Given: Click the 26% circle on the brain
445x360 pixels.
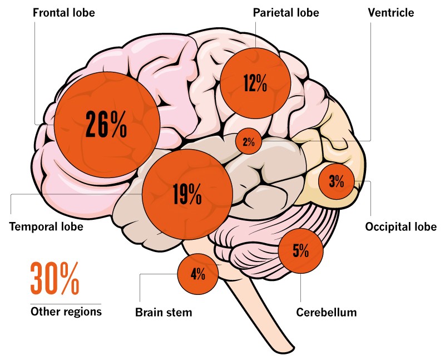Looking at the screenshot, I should coord(107,125).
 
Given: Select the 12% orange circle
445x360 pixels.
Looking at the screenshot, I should coord(255,83).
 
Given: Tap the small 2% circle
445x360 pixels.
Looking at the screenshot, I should coord(248,141).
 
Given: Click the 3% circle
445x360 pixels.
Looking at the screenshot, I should coord(337,181).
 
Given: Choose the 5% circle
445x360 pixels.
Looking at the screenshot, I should coord(300,251).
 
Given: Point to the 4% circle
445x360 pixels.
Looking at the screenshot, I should coord(198,274).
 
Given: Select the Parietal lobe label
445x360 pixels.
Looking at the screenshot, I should coord(285,12).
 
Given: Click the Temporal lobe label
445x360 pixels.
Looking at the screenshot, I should coord(46,226).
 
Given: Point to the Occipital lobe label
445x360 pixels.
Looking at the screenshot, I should coord(400,226).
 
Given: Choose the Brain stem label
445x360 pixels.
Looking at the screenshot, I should coord(164,312).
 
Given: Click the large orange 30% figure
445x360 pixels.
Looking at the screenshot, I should coord(55,279).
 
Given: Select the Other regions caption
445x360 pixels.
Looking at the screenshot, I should coord(66,312).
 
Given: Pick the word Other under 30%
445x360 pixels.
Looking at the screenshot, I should coord(43,312).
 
